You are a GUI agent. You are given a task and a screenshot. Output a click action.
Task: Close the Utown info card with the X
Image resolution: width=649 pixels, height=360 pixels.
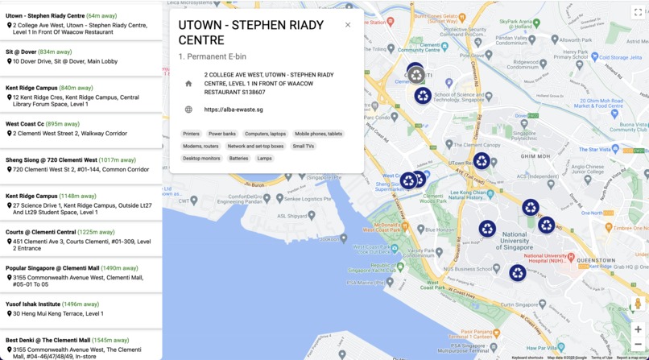point(348,25)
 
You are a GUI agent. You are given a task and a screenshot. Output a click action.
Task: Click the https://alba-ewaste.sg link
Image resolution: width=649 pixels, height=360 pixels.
point(234,110)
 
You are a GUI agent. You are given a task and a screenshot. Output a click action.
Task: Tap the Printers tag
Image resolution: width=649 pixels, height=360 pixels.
point(191,134)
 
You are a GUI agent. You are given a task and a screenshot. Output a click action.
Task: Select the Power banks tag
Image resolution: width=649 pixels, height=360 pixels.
point(222,134)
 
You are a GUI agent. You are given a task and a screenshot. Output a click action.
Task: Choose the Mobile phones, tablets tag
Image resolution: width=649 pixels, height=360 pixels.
point(318,134)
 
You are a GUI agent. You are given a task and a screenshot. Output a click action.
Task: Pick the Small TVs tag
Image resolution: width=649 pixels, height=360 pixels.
point(304,147)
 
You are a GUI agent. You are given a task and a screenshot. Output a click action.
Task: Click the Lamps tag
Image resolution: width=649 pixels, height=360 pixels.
point(264,159)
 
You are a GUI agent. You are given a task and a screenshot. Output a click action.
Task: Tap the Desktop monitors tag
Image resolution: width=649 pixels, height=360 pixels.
point(201,159)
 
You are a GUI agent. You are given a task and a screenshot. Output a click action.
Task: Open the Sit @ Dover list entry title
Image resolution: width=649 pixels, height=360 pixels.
point(21,52)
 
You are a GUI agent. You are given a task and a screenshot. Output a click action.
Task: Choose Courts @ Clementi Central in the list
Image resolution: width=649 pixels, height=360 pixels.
point(40,232)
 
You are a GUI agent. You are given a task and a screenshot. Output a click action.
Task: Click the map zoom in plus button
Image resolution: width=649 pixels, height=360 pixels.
point(638,329)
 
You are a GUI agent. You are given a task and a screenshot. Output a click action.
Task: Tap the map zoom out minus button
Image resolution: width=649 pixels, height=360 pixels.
point(638,345)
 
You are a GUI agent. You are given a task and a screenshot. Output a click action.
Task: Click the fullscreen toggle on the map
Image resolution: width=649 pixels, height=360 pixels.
point(638,12)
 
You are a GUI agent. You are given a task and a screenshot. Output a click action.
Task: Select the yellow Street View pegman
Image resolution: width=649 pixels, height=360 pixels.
point(638,304)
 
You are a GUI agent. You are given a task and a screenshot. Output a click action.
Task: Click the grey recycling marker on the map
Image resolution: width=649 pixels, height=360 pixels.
point(415,75)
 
